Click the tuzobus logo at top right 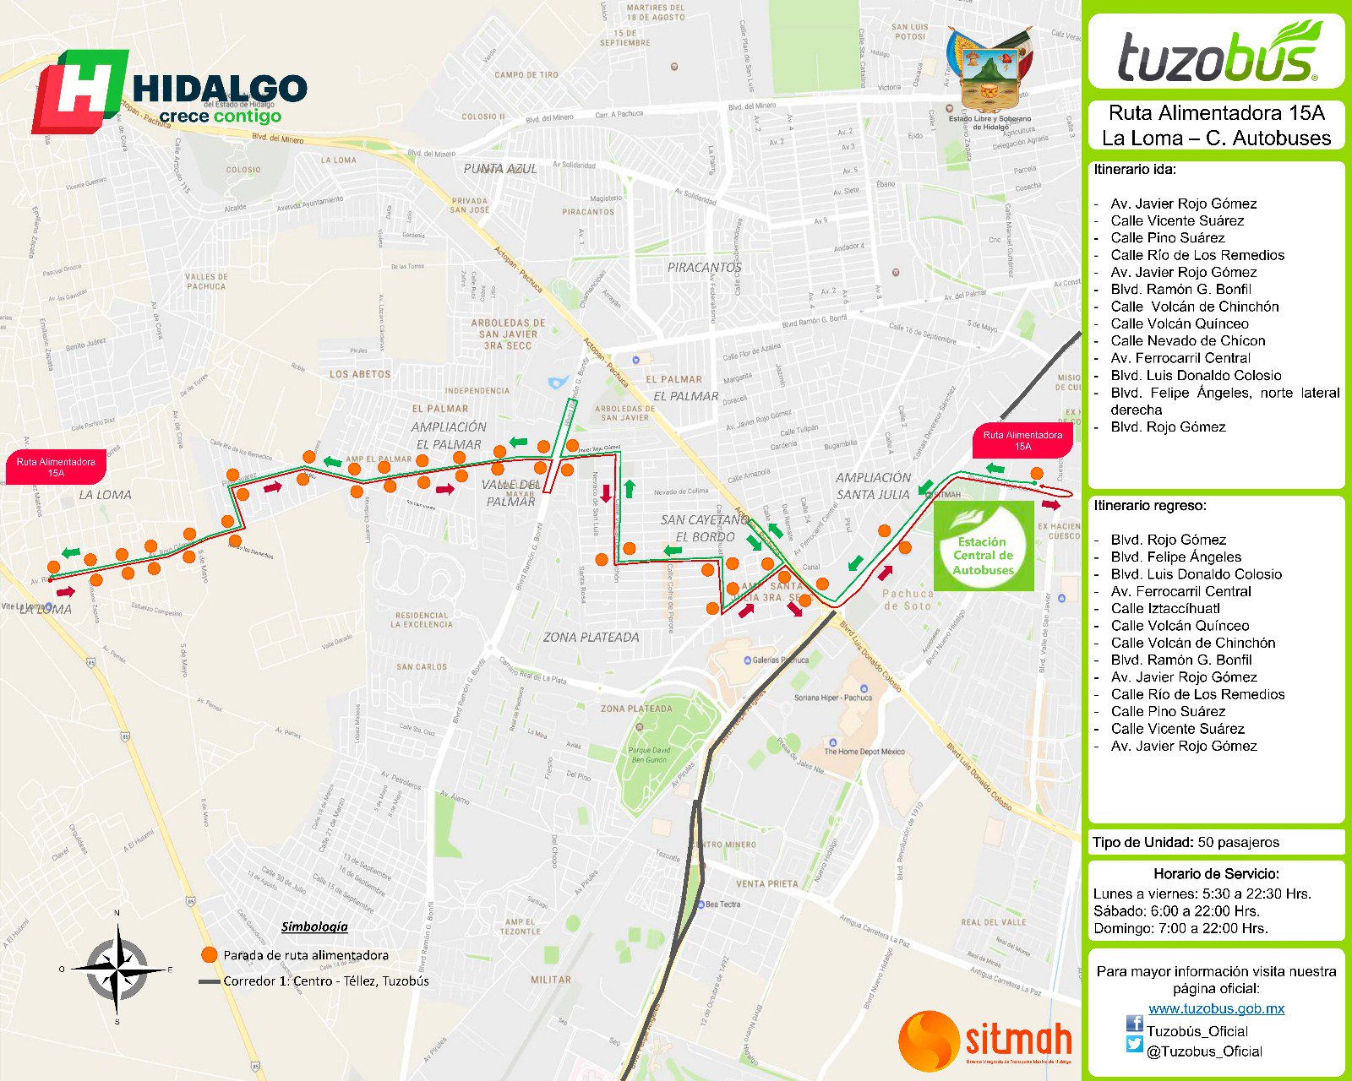click(1216, 52)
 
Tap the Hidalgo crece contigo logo click(169, 91)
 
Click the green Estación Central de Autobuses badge click(984, 546)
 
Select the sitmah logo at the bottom click(985, 1040)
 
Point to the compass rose click(117, 968)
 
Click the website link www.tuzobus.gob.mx click(1216, 1008)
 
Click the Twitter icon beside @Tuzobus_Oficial click(1134, 1045)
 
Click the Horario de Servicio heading click(1216, 874)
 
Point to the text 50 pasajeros click(1239, 842)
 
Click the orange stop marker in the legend click(210, 954)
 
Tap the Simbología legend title click(314, 926)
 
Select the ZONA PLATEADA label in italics click(591, 638)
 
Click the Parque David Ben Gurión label click(649, 755)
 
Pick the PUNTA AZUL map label click(500, 169)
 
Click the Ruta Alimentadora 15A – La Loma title click(1216, 125)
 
